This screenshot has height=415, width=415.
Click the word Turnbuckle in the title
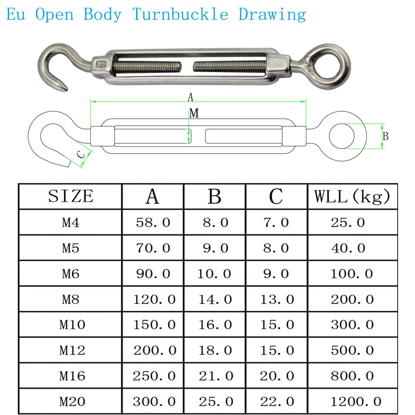(181, 15)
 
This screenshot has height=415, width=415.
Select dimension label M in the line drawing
(194, 113)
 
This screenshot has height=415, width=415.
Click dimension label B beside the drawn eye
(386, 136)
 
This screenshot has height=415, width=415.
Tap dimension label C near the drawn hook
(81, 155)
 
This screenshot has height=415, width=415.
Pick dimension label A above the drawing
(190, 98)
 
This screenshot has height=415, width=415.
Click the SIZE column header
(71, 196)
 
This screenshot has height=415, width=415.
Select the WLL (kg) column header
(352, 196)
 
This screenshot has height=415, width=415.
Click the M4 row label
(71, 223)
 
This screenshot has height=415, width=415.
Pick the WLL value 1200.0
(356, 401)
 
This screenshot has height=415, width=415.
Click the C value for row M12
(277, 350)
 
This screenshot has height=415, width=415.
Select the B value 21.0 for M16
(215, 376)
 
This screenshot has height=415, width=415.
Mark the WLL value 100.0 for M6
(352, 274)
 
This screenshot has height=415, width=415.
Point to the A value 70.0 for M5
(153, 248)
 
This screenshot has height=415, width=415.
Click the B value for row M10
(215, 325)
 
